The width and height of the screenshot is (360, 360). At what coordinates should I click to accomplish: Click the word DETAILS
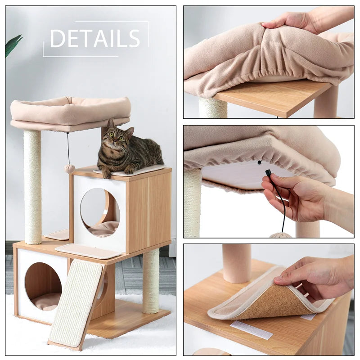[x=95, y=39]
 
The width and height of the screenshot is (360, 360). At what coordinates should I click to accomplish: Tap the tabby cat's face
[x=116, y=138]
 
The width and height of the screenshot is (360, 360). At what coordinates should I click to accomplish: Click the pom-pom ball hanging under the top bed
[x=69, y=168]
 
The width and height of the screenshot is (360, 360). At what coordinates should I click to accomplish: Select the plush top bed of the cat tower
[x=71, y=112]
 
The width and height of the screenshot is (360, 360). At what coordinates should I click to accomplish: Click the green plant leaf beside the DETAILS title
[x=13, y=45]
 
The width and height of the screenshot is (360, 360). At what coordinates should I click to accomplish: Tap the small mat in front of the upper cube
[x=88, y=251]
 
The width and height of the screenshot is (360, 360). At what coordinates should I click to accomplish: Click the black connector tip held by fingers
[x=269, y=172]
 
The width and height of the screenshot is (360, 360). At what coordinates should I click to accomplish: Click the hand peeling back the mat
[x=315, y=274]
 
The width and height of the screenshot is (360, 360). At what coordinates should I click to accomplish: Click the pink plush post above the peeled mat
[x=237, y=263]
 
